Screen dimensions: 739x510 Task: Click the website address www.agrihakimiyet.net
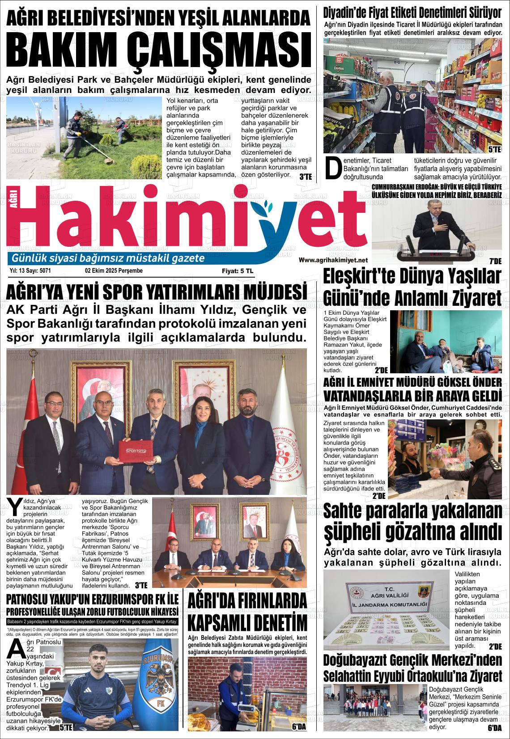click(x=333, y=260)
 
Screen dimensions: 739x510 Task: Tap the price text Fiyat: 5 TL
click(x=237, y=270)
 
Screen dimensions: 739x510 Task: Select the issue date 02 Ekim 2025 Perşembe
click(x=114, y=270)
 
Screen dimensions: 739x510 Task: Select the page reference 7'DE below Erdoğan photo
click(x=495, y=261)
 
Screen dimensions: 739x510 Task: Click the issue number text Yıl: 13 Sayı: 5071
click(x=30, y=270)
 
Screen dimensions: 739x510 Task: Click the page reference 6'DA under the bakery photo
click(x=298, y=727)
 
